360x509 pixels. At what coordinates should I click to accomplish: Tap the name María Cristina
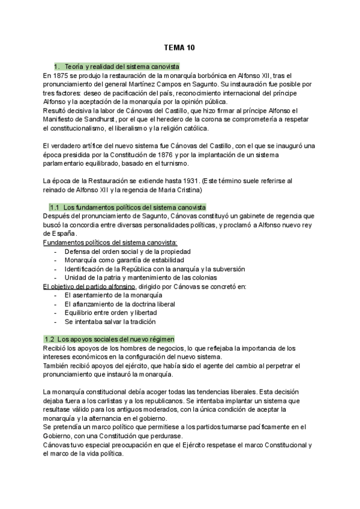(x=181, y=190)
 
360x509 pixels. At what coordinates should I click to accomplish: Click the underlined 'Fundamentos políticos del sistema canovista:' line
(x=110, y=242)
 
